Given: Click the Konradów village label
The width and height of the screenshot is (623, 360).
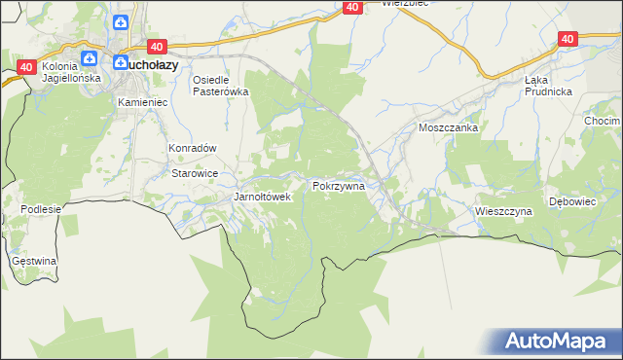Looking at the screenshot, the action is [x=192, y=148].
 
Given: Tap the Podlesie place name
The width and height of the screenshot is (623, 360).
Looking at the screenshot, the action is [x=41, y=209].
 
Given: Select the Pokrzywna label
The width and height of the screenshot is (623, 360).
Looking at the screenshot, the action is [x=338, y=185].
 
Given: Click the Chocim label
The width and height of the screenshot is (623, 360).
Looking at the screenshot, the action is [x=603, y=121].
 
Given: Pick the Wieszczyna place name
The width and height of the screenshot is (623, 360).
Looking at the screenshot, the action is [x=503, y=210].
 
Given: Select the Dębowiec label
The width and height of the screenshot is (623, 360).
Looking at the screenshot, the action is [x=571, y=201].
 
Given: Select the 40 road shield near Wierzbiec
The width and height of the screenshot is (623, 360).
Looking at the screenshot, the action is [x=352, y=8].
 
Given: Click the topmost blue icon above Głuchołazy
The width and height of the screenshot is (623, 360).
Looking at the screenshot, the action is [x=121, y=22].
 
